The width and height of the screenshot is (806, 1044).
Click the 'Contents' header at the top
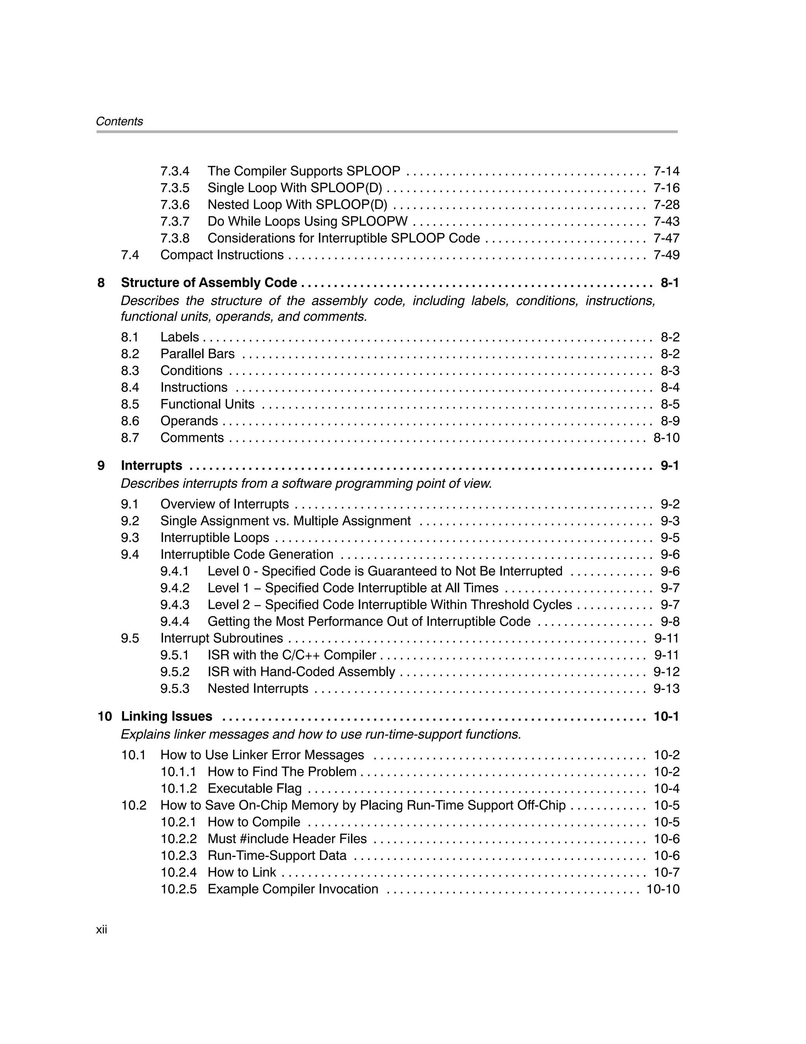pyautogui.click(x=119, y=121)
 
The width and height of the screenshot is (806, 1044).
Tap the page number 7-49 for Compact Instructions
pyautogui.click(x=666, y=255)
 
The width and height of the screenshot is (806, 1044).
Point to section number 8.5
pyautogui.click(x=130, y=404)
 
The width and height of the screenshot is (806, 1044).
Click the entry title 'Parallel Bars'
pyautogui.click(x=197, y=354)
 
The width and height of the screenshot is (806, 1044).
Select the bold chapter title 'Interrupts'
pyautogui.click(x=152, y=465)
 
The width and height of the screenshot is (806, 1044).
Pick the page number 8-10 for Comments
pyautogui.click(x=666, y=438)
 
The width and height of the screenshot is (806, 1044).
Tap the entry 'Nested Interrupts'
pyautogui.click(x=258, y=688)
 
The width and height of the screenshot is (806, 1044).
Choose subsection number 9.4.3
pyautogui.click(x=175, y=605)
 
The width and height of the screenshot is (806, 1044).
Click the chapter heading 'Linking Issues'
pyautogui.click(x=167, y=716)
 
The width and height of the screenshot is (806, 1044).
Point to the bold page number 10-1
pyautogui.click(x=666, y=716)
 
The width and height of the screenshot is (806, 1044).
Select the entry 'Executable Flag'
pyautogui.click(x=255, y=788)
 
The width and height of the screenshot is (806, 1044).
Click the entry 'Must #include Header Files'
pyautogui.click(x=287, y=838)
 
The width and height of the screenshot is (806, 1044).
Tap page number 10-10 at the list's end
pyautogui.click(x=663, y=889)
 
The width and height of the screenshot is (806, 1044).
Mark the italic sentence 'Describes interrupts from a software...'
pyautogui.click(x=306, y=484)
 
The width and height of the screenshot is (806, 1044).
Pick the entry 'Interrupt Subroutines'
pyautogui.click(x=222, y=638)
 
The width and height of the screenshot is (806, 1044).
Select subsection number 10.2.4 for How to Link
pyautogui.click(x=178, y=872)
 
